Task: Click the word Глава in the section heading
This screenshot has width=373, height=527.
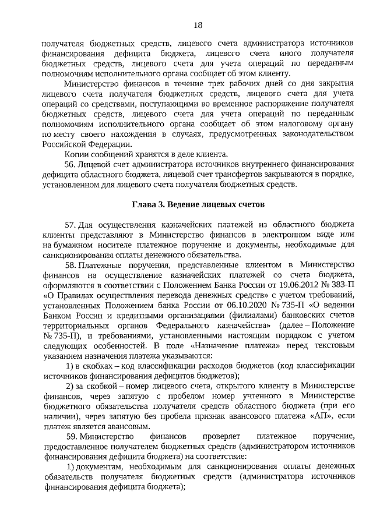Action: (x=144, y=205)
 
